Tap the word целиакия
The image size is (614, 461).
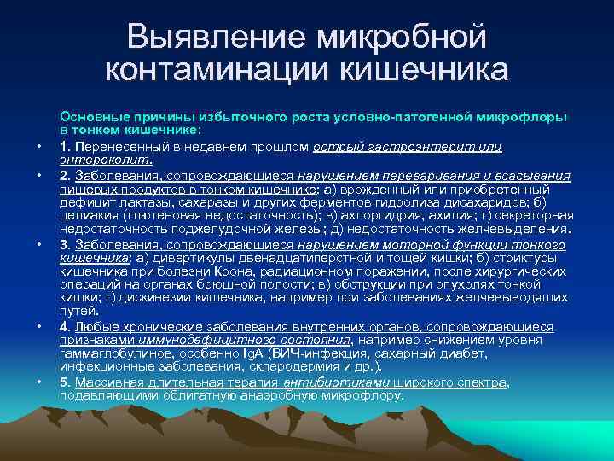pos(86,217)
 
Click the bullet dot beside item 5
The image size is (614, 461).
pos(39,382)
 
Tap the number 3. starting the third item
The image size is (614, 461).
pos(65,243)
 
